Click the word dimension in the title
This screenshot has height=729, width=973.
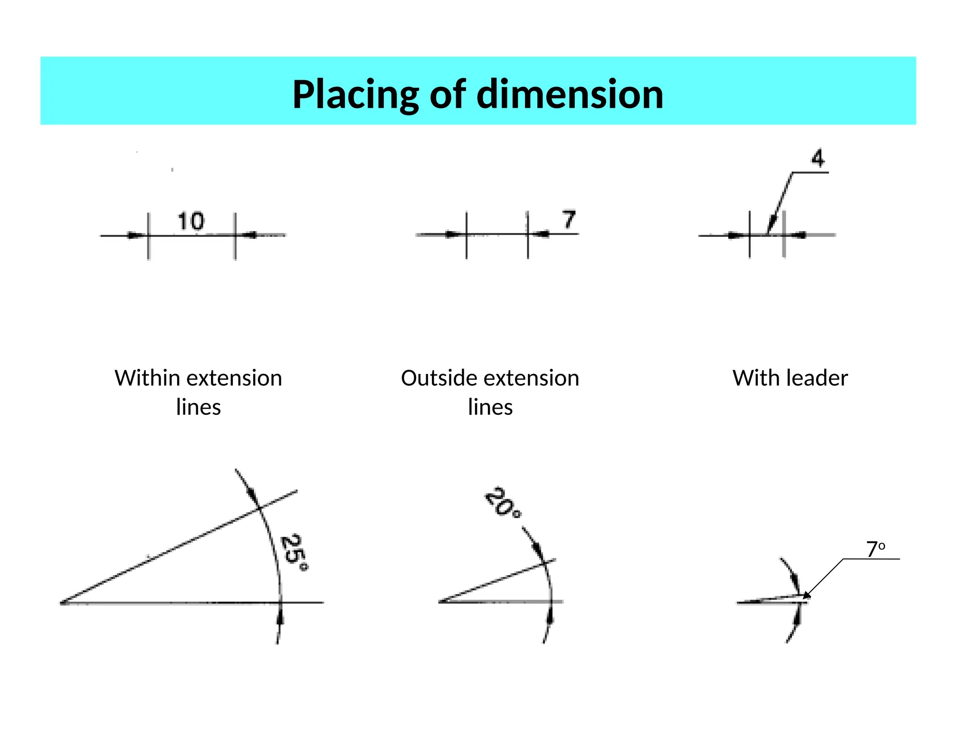(x=570, y=94)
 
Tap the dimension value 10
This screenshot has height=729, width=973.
(x=191, y=222)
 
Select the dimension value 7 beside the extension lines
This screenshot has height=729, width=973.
(x=569, y=220)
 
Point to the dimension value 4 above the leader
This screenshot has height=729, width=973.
(x=818, y=158)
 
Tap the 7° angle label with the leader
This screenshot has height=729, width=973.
(x=875, y=550)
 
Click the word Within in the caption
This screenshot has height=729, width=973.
(x=147, y=378)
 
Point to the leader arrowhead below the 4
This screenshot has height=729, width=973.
(x=772, y=224)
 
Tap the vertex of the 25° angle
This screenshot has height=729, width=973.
(x=62, y=603)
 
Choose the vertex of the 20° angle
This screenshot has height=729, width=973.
(x=440, y=602)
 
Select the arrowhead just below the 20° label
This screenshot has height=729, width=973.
(x=538, y=550)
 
